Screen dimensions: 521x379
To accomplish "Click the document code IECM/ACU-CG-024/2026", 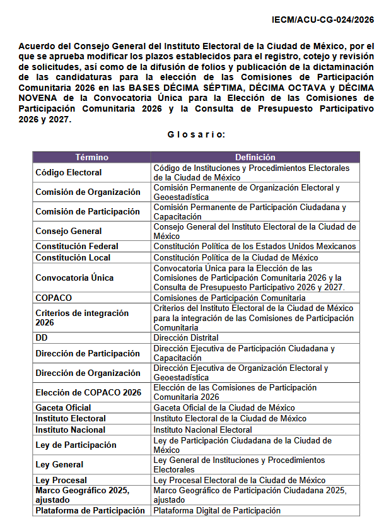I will (323, 20).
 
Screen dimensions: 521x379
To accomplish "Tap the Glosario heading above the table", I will (196, 134).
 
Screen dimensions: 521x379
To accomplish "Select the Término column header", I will (91, 157).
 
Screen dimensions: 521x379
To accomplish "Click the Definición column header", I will (255, 157).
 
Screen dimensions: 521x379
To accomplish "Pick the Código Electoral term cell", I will (69, 172).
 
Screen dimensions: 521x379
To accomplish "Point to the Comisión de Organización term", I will (88, 192).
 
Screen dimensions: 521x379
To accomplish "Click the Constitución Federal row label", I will (76, 246).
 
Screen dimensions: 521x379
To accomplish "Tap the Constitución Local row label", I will (73, 257).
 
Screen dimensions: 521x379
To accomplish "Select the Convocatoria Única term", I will (74, 278).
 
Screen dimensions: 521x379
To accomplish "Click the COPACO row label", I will (54, 298).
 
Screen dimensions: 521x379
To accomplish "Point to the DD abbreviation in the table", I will (42, 337).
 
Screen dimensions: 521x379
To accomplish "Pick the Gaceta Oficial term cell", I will (63, 407).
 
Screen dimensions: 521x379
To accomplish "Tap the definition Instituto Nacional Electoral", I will (202, 430).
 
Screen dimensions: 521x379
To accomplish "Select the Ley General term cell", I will (59, 465).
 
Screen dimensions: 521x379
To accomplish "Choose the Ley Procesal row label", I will (61, 480).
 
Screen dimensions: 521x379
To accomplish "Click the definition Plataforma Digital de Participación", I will (217, 510).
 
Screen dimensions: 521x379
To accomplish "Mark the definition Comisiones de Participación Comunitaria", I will (230, 298).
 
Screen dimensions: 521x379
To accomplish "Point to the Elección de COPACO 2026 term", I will (88, 392).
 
